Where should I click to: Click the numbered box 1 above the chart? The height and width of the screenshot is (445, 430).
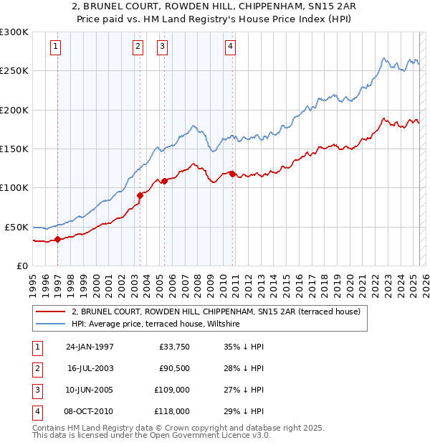(x=56, y=47)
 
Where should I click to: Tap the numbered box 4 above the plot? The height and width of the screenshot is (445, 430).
(x=230, y=47)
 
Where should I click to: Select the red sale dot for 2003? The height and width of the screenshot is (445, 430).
(x=140, y=195)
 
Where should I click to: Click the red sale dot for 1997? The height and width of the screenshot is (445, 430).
(x=58, y=239)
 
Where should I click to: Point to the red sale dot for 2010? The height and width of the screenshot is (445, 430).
(x=232, y=174)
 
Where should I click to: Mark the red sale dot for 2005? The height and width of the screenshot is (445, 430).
(x=165, y=180)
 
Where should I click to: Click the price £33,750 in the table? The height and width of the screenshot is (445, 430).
(x=174, y=347)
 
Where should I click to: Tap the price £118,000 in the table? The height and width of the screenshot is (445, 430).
(x=173, y=411)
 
